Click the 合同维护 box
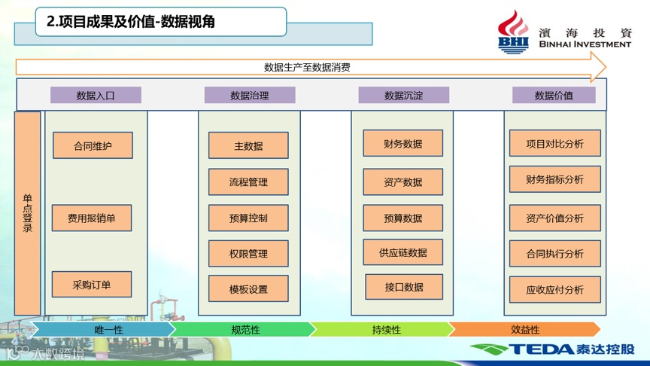(x=93, y=145)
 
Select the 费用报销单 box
(x=92, y=218)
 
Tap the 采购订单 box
(x=92, y=285)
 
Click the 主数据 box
(x=248, y=145)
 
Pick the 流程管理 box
(x=248, y=182)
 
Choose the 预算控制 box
(x=248, y=218)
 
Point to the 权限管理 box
(x=248, y=254)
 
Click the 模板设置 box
(x=248, y=289)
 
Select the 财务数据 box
(x=402, y=143)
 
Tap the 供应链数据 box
(x=402, y=252)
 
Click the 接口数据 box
(x=404, y=287)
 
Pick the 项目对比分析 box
(x=554, y=143)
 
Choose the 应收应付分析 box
(x=554, y=290)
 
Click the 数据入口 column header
(x=96, y=96)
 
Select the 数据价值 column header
(x=554, y=96)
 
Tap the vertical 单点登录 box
(x=28, y=213)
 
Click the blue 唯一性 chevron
(x=105, y=330)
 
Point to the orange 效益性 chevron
(x=525, y=330)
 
